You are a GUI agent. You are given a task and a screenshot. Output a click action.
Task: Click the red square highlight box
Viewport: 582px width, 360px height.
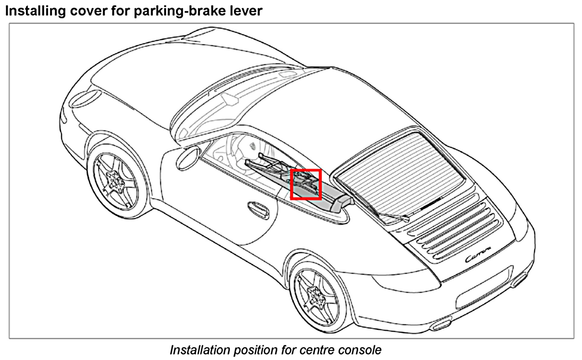(305, 184)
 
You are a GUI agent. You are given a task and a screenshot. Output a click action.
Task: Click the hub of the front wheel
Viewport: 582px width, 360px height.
(115, 180)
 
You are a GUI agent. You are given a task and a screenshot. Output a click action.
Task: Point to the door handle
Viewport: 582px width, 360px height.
(258, 208)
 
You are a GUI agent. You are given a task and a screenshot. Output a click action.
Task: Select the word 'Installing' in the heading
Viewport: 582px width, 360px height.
(35, 11)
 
